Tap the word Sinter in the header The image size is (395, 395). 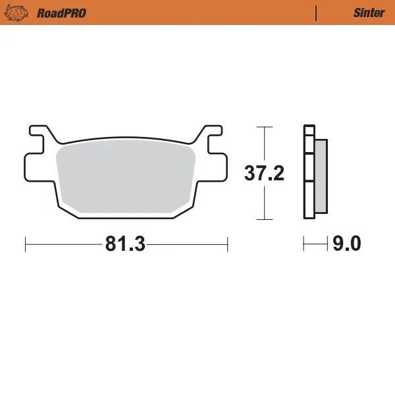369,13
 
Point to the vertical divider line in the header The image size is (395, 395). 317,13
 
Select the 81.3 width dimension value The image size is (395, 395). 124,244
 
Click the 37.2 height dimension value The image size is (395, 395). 264,174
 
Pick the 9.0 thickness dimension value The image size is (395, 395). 347,244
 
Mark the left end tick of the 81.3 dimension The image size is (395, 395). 25,244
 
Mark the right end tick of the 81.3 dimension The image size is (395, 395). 227,244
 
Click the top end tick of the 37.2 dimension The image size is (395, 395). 264,126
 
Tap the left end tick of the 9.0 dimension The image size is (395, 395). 303,244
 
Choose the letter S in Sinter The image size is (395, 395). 356,13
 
